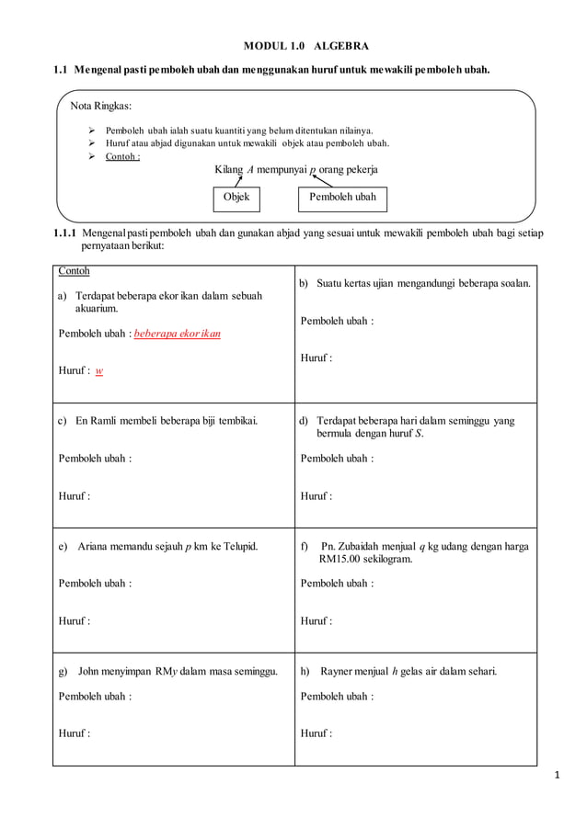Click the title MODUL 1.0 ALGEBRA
click(305, 45)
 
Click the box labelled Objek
click(236, 198)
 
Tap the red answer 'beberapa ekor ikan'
click(178, 334)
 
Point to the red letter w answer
click(99, 371)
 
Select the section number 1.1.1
click(64, 234)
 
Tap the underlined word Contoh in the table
click(75, 272)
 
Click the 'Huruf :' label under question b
click(317, 358)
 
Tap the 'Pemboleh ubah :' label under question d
click(337, 459)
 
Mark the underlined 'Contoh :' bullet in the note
click(122, 156)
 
